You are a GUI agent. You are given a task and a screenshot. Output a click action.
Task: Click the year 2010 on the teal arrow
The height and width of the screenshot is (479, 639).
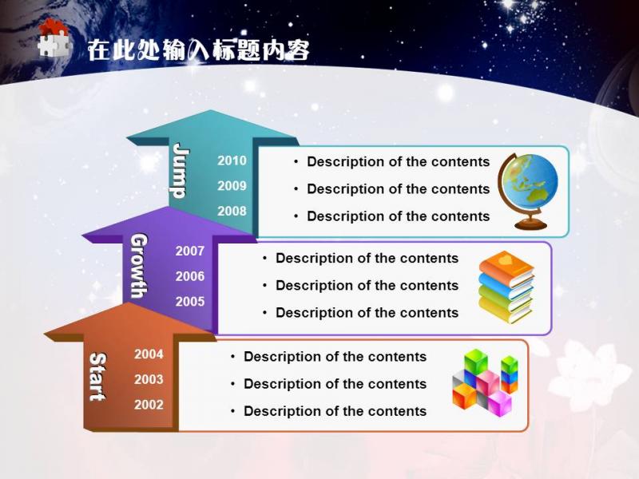coord(232,160)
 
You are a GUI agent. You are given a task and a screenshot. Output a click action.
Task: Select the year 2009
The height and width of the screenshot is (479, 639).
coord(232,186)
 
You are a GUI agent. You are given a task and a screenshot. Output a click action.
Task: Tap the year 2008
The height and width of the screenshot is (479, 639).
coord(232,211)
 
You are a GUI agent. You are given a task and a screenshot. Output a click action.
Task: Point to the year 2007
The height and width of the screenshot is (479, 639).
coord(190,251)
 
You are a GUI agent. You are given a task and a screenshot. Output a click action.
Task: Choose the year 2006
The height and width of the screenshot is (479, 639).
coord(190,276)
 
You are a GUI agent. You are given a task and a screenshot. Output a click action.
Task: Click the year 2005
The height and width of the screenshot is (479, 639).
coord(190,302)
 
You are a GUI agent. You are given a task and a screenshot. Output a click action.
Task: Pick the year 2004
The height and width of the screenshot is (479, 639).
coord(149,354)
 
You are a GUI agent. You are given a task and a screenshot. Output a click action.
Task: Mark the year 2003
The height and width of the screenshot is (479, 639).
coord(149,379)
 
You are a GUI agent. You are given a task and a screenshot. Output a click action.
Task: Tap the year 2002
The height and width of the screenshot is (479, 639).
coord(149,405)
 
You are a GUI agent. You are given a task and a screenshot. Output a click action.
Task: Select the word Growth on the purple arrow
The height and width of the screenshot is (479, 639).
coord(139,266)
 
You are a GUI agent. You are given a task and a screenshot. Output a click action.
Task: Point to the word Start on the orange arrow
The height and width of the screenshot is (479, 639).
coord(97,377)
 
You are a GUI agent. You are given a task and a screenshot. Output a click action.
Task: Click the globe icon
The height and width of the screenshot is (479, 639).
coord(528,191)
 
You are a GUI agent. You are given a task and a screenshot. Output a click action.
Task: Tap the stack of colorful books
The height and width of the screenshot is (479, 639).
coord(506,287)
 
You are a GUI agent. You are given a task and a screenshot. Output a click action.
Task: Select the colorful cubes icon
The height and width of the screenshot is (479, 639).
coord(485,382)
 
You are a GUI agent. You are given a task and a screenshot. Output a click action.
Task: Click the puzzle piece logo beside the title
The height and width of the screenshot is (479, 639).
coord(54,38)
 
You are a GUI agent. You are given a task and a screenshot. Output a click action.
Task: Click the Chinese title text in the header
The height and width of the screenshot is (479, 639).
coord(198,50)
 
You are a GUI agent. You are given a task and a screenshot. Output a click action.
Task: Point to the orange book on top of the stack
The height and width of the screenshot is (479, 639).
coord(506,267)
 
